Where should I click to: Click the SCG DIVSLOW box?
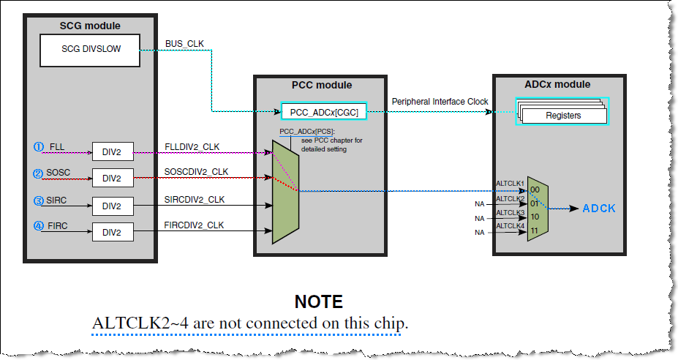[90, 50]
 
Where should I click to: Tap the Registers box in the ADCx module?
[563, 115]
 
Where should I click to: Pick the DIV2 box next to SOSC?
[111, 178]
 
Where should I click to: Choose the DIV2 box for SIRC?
[111, 206]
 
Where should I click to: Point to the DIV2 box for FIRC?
[111, 232]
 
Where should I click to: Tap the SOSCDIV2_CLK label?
[196, 172]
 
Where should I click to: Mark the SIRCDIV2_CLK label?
[195, 199]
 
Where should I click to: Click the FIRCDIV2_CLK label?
[195, 225]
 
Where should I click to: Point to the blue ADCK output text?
[600, 209]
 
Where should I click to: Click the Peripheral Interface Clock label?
[440, 102]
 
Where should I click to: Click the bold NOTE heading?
[318, 301]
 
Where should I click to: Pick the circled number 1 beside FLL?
[39, 146]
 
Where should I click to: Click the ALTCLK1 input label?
[510, 184]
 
